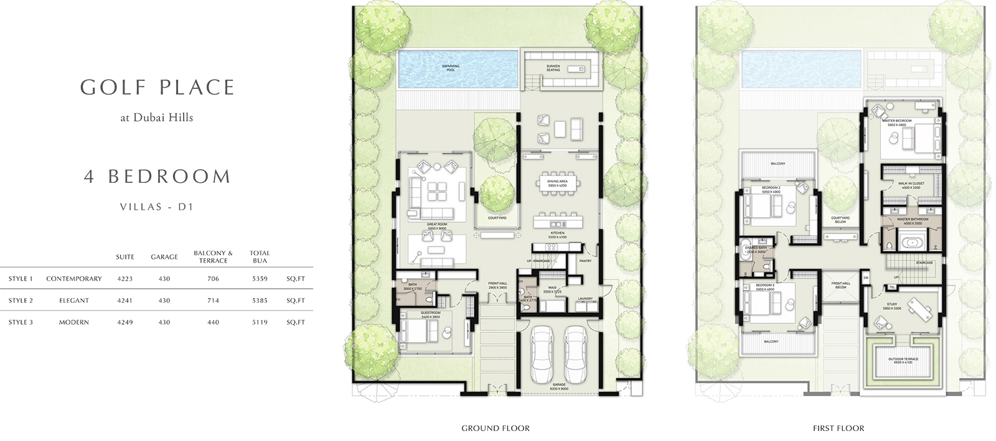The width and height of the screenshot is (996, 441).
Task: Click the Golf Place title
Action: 157,88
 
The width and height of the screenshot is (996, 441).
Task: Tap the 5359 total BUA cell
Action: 260,279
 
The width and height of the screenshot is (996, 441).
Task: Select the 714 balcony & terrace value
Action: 213,300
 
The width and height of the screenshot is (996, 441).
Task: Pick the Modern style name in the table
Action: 73,322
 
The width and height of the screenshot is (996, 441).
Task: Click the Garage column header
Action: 164,257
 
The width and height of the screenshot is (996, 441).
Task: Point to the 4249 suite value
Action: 125,322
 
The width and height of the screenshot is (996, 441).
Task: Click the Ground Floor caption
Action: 496,428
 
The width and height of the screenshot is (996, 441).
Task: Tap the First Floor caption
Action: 838,428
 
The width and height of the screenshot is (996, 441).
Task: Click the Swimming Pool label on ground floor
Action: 450,68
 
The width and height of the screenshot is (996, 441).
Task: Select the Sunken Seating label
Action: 553,68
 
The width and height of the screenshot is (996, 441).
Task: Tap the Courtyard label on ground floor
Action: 497,218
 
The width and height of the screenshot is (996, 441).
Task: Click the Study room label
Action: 891,306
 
